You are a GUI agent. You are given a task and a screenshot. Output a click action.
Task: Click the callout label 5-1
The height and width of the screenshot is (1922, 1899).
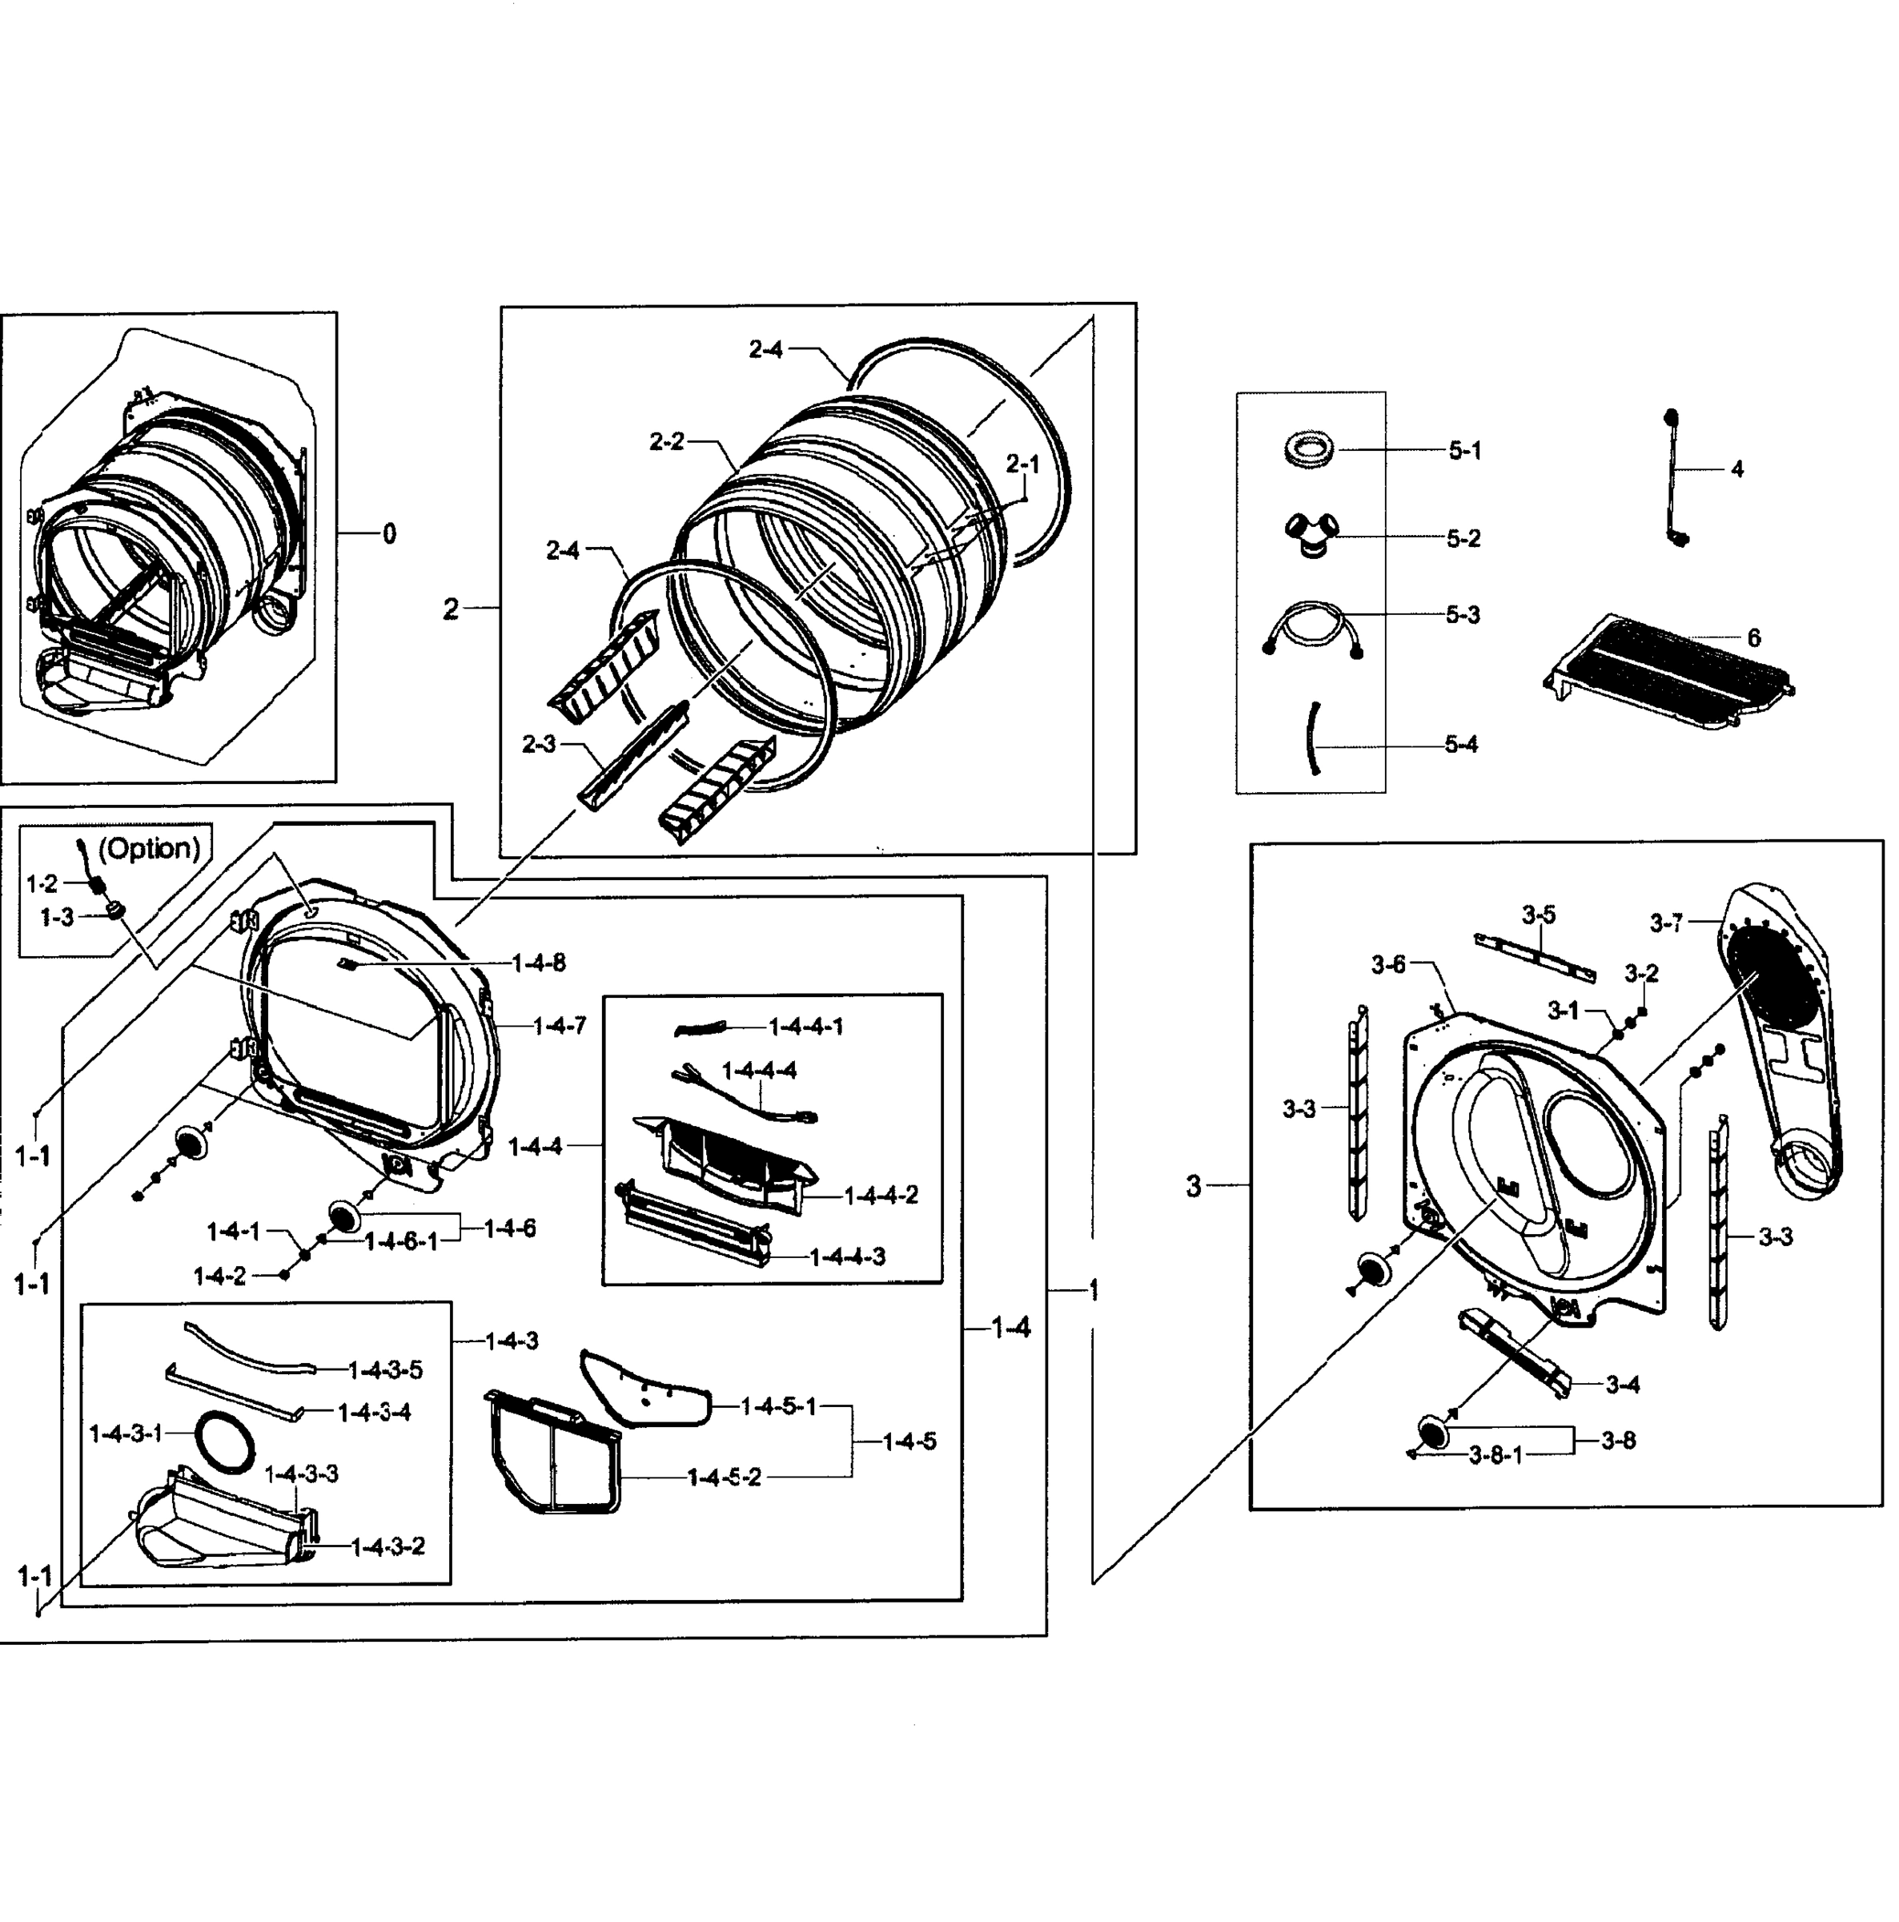pos(1463,451)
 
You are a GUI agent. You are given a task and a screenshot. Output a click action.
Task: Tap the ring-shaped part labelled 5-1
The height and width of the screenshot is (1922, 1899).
pos(1308,448)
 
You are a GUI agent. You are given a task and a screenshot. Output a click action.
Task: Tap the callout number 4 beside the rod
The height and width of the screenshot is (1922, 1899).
pos(1736,468)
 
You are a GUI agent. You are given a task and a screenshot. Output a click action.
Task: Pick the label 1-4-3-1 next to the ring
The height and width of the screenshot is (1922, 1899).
pos(126,1433)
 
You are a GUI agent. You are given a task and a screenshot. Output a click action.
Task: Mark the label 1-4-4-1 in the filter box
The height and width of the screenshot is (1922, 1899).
pos(805,1026)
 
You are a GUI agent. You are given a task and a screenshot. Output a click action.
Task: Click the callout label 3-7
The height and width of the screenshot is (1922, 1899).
pos(1666,923)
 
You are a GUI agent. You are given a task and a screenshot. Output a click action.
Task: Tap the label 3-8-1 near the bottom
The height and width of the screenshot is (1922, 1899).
pos(1496,1455)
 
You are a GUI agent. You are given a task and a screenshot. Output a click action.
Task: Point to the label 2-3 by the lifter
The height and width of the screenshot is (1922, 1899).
pos(538,743)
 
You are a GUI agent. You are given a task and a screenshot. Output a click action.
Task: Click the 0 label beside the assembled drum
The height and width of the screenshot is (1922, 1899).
pos(389,534)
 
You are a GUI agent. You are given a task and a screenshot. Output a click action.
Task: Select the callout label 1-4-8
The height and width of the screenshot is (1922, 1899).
pos(538,962)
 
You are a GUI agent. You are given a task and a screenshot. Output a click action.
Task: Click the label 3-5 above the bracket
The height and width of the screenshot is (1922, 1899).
pos(1538,915)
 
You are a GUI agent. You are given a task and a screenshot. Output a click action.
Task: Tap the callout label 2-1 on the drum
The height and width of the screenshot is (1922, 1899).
pos(1022,464)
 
